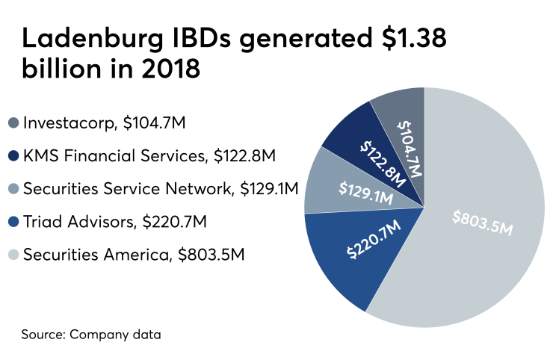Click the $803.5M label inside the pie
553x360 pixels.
click(x=483, y=222)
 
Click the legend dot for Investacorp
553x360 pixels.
click(x=13, y=122)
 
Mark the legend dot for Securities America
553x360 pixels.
click(x=13, y=254)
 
